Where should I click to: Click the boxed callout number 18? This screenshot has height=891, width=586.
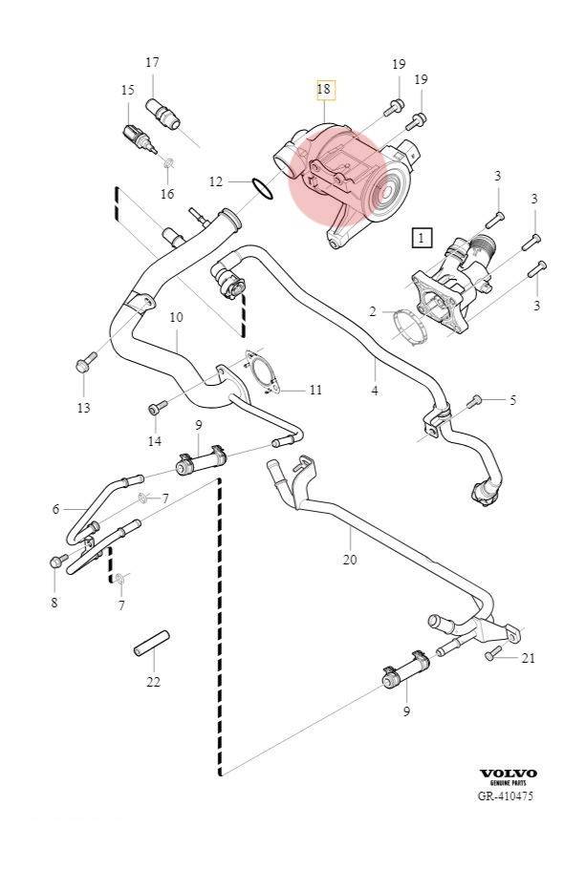point(324,90)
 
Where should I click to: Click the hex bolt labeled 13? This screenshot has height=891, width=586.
point(83,365)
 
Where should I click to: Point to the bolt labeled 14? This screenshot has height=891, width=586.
point(155,409)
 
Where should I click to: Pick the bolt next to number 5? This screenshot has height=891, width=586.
point(477,400)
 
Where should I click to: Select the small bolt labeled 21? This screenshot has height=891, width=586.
point(492,654)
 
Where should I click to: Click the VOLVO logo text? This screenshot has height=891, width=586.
point(508,773)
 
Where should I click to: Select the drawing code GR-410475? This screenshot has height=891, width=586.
point(507,796)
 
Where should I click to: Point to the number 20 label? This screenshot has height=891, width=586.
point(349,559)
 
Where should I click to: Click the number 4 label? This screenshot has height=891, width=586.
point(375,391)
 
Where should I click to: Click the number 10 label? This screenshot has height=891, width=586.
point(176,317)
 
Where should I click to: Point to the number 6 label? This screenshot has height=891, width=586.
point(54,510)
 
